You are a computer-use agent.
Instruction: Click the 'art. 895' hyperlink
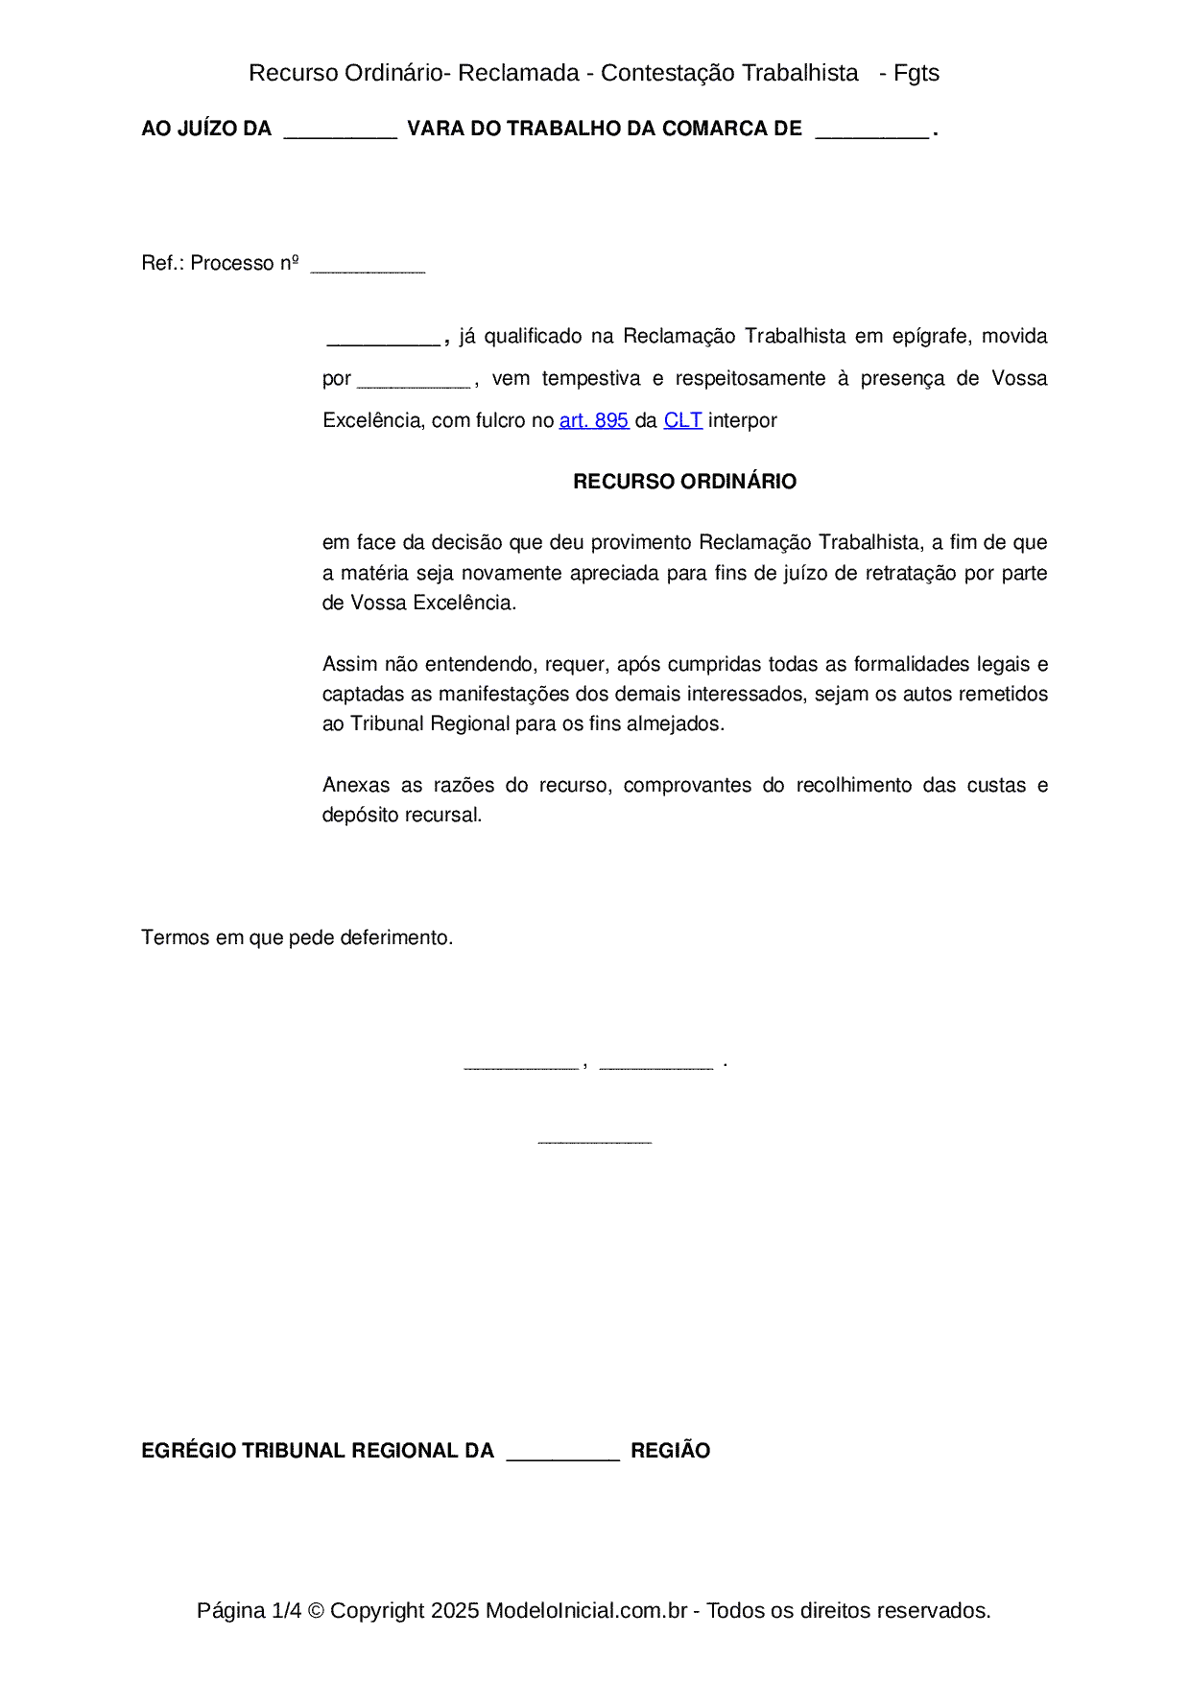(593, 420)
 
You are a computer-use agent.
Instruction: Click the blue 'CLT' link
(682, 420)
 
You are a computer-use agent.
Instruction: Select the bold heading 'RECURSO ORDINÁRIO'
(684, 482)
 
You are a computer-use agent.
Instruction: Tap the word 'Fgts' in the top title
(916, 73)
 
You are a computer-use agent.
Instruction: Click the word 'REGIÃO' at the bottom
(670, 1451)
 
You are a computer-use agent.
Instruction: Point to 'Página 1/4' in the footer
(249, 1610)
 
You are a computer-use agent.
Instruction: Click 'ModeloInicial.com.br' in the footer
(585, 1610)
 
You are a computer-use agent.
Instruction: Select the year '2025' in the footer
(454, 1610)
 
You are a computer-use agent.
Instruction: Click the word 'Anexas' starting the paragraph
(356, 785)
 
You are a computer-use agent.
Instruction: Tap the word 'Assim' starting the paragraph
(350, 664)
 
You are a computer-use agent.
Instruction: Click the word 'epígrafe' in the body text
(931, 336)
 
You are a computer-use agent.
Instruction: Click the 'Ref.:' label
(162, 263)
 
